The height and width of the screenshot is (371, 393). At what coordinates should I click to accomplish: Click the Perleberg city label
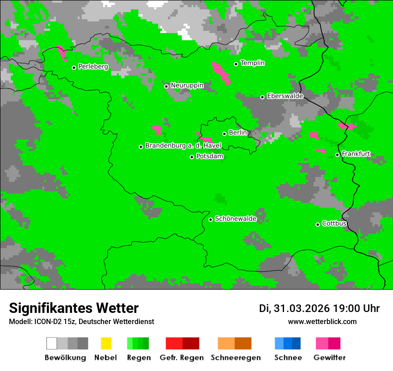[93, 67]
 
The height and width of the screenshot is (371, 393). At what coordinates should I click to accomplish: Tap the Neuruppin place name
[187, 85]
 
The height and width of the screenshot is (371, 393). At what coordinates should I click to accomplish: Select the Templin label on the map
[252, 63]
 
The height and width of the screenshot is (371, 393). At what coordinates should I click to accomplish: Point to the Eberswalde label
[285, 96]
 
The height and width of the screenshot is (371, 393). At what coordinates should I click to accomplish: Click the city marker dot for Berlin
[225, 134]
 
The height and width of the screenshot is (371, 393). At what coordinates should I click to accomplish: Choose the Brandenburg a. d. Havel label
[183, 146]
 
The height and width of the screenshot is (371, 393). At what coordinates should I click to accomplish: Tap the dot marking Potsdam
[192, 157]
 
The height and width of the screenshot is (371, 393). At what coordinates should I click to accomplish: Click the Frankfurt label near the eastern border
[356, 154]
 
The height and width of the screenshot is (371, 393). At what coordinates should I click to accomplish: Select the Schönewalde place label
[235, 219]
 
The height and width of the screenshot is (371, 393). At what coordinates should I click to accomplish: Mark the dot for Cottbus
[318, 224]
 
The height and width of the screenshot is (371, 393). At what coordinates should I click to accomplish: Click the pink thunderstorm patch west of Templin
[221, 73]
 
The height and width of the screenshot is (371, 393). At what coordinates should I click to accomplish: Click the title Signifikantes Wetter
[74, 308]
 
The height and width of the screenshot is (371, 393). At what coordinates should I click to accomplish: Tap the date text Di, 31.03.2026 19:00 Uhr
[319, 308]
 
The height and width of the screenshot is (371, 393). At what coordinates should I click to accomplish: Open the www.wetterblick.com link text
[322, 321]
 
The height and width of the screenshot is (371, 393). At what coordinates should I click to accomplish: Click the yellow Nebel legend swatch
[106, 343]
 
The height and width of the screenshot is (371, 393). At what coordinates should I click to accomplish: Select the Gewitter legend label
[329, 358]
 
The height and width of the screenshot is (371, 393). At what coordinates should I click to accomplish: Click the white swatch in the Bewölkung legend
[52, 343]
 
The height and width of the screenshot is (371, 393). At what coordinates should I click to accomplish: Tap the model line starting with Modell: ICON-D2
[81, 322]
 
